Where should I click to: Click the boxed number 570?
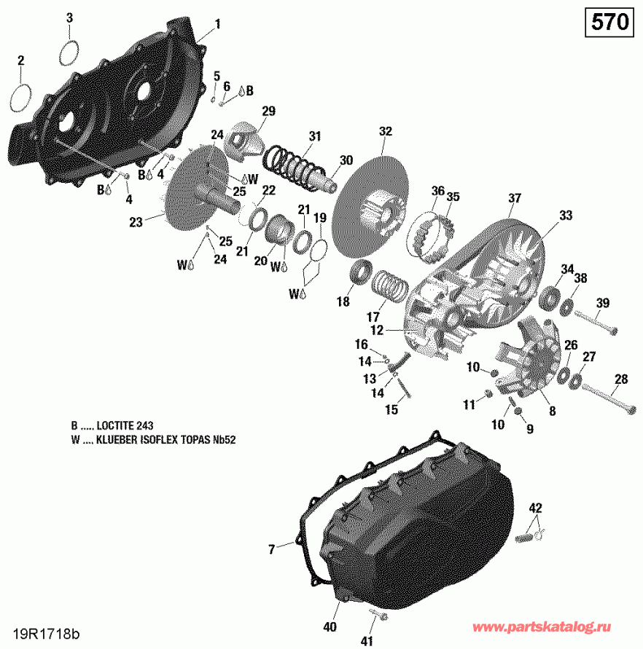coord(609,23)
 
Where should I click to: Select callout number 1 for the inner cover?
coord(217,24)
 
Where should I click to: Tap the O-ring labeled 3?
coord(69,52)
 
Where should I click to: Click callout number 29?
coord(268,111)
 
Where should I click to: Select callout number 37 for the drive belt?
coord(515,198)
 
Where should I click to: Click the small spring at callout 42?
coord(527,538)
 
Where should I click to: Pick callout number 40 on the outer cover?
coord(330,626)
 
